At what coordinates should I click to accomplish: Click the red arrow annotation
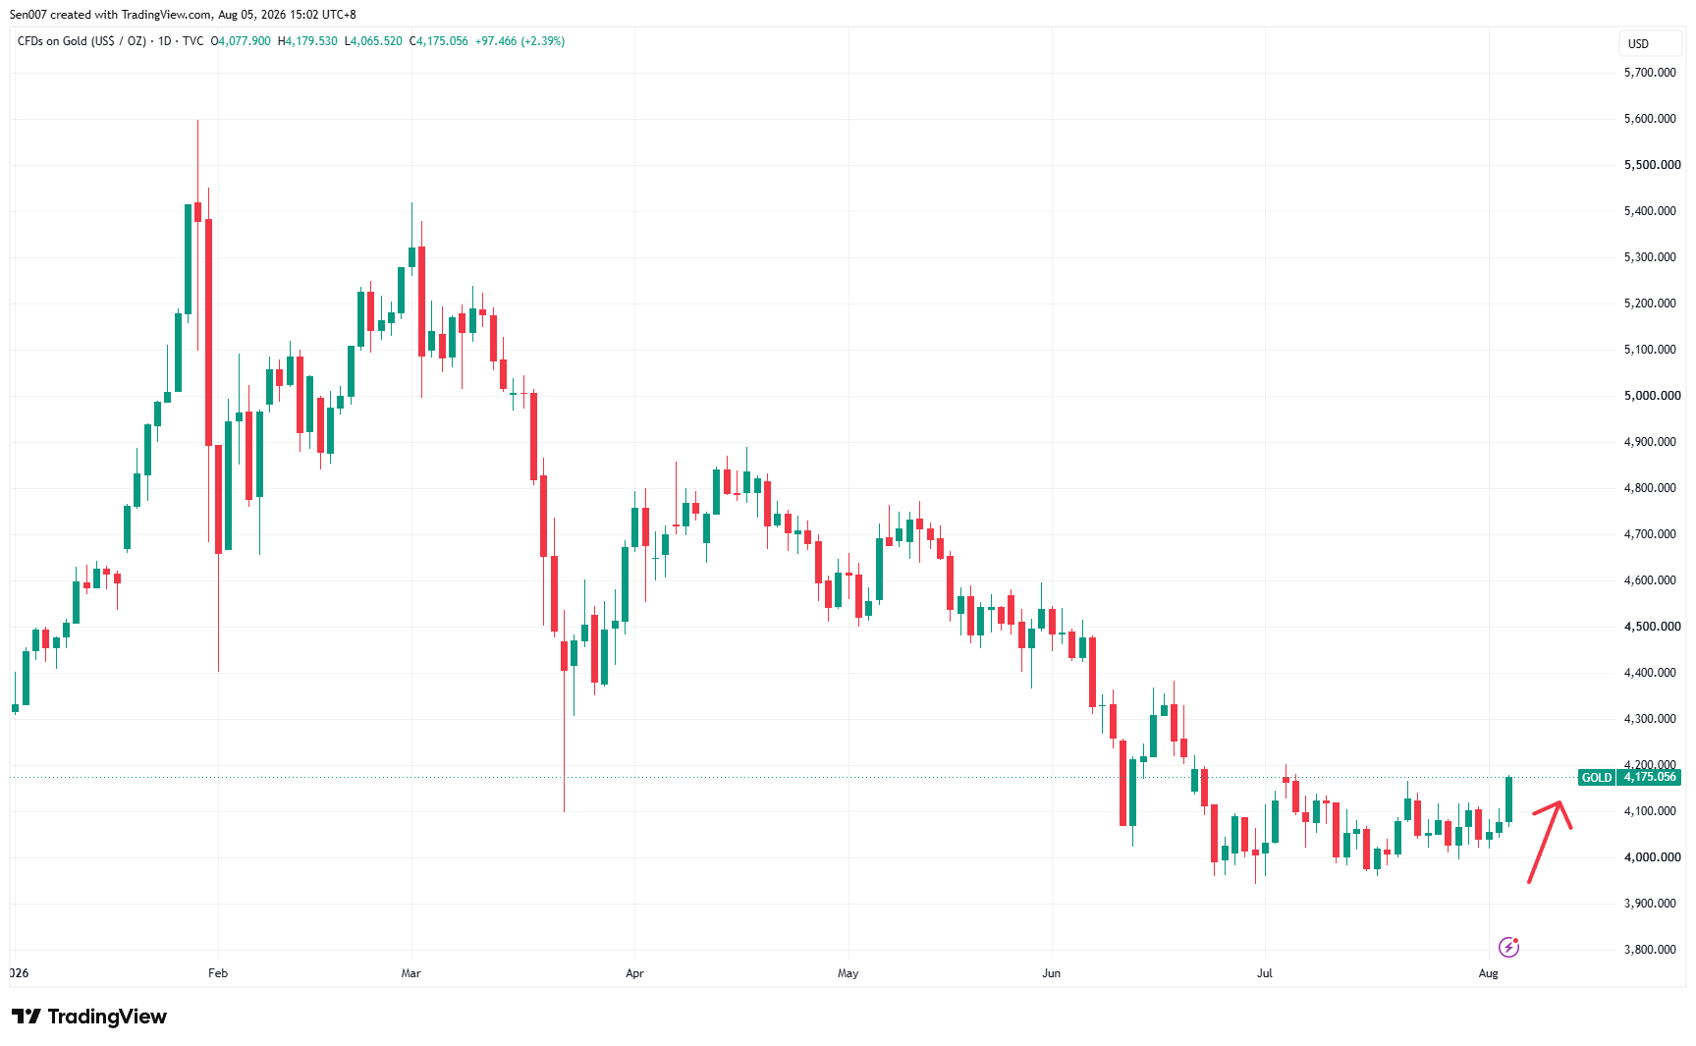pyautogui.click(x=1549, y=842)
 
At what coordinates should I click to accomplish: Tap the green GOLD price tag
pyautogui.click(x=1596, y=777)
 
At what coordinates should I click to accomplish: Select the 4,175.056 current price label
pyautogui.click(x=1650, y=777)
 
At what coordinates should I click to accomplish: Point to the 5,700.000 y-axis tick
pyautogui.click(x=1650, y=73)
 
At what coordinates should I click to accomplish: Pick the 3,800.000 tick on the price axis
pyautogui.click(x=1650, y=950)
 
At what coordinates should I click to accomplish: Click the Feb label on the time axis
pyautogui.click(x=218, y=973)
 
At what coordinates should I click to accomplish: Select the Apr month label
pyautogui.click(x=634, y=973)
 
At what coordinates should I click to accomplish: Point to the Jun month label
pyautogui.click(x=1052, y=973)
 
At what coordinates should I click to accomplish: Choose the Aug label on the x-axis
pyautogui.click(x=1489, y=973)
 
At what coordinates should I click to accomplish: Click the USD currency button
pyautogui.click(x=1639, y=43)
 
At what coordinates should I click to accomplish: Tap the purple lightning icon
pyautogui.click(x=1509, y=947)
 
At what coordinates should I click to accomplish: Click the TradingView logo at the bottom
pyautogui.click(x=89, y=1017)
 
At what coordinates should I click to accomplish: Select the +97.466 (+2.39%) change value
pyautogui.click(x=520, y=41)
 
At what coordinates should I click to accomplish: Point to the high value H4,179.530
pyautogui.click(x=307, y=41)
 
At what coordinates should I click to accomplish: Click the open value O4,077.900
pyautogui.click(x=241, y=41)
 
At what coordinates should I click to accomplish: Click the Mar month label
pyautogui.click(x=410, y=973)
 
